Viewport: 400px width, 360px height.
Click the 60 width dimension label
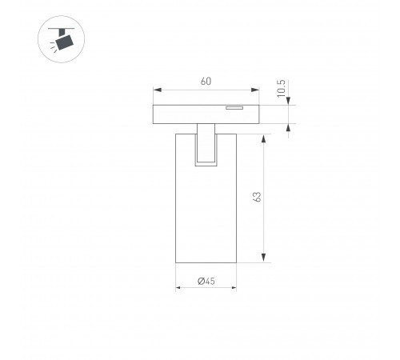[x=206, y=82]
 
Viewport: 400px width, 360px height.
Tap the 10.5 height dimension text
[x=281, y=89]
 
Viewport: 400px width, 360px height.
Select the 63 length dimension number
[x=258, y=197]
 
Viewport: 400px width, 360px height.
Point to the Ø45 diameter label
[x=206, y=281]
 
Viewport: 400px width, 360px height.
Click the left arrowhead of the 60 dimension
[x=158, y=90]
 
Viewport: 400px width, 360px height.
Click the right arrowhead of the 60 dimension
[x=255, y=90]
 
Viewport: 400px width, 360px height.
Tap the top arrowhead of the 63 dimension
[x=263, y=139]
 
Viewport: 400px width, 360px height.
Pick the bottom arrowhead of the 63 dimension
[x=263, y=258]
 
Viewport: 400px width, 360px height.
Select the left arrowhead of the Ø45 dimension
[x=178, y=288]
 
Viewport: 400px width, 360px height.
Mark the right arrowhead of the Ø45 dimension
[x=234, y=288]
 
